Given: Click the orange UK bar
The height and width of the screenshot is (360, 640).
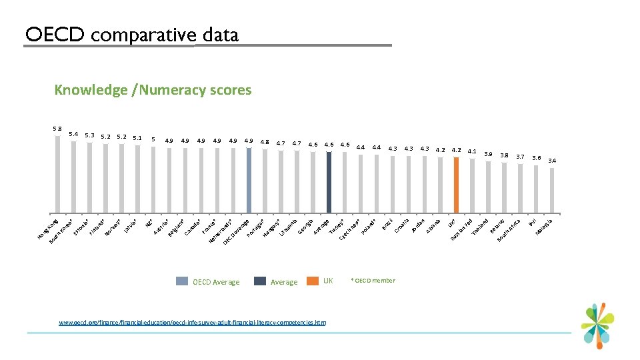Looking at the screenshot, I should pyautogui.click(x=457, y=187).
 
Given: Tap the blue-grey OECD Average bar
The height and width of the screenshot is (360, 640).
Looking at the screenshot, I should pyautogui.click(x=249, y=180).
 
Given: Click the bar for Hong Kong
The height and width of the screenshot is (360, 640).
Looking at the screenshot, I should pyautogui.click(x=57, y=173).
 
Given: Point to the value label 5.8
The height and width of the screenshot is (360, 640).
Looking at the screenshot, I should pyautogui.click(x=57, y=128).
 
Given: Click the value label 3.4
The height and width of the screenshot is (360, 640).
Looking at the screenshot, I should pyautogui.click(x=552, y=161).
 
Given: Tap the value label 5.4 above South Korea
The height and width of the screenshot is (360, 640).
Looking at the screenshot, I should pyautogui.click(x=73, y=134).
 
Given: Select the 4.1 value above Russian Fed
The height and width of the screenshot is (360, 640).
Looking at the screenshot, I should pyautogui.click(x=472, y=151).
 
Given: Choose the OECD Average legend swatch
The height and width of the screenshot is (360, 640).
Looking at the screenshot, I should pyautogui.click(x=182, y=281).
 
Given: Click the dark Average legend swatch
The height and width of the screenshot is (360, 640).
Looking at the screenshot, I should pyautogui.click(x=260, y=281).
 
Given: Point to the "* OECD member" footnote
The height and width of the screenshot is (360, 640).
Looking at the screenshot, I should pyautogui.click(x=373, y=281).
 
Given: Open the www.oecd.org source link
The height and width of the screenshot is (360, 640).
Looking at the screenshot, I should pyautogui.click(x=193, y=322).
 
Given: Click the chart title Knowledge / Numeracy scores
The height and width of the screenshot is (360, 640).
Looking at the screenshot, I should pyautogui.click(x=153, y=89).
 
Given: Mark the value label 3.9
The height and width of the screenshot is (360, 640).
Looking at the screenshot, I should pyautogui.click(x=489, y=153).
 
